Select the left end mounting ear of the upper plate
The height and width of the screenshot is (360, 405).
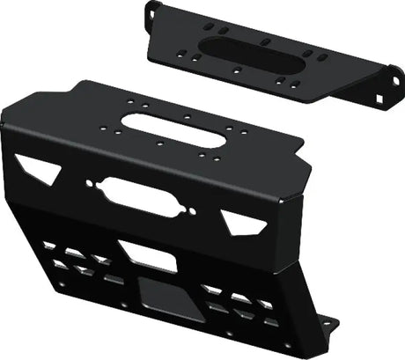[151, 12]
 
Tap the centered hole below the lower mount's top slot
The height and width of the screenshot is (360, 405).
[159, 145]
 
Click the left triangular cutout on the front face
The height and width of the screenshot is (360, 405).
[36, 165]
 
